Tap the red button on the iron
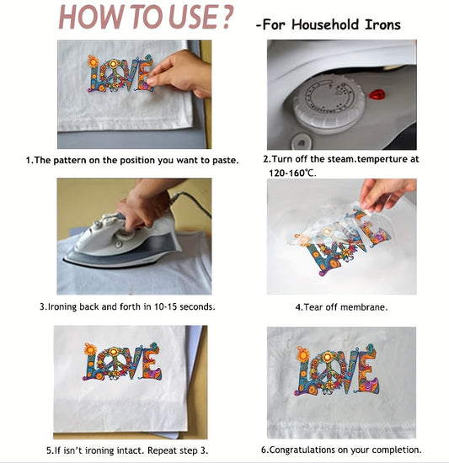[376, 93]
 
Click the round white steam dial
[328, 109]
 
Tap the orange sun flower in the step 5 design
[89, 349]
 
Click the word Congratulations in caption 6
[317, 450]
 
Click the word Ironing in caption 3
[68, 306]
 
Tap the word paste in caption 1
[224, 159]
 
